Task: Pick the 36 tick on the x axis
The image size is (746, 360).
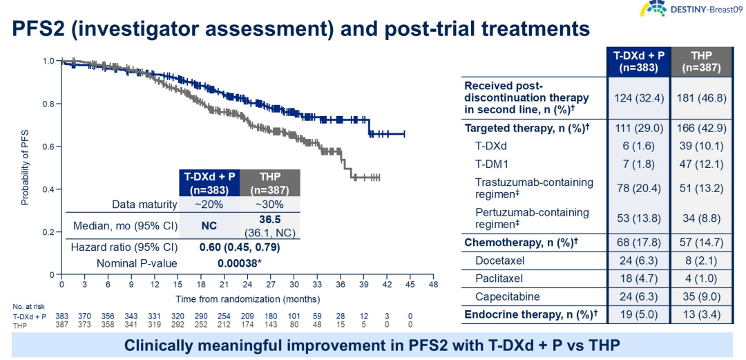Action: pyautogui.click(x=340, y=284)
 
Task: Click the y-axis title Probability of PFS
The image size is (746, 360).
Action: pyautogui.click(x=26, y=169)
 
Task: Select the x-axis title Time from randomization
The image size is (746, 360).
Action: pyautogui.click(x=247, y=299)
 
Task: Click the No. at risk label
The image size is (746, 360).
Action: pyautogui.click(x=28, y=305)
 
